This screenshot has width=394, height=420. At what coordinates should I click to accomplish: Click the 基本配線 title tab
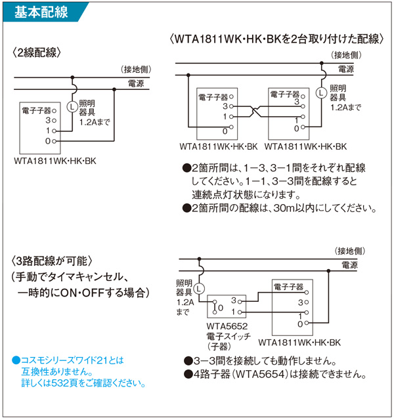click(x=39, y=11)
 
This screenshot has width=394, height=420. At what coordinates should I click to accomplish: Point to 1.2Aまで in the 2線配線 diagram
click(x=95, y=122)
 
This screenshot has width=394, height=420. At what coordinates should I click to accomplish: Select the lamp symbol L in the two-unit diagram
click(x=320, y=92)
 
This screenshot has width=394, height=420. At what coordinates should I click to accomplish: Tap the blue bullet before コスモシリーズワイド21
click(x=16, y=360)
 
